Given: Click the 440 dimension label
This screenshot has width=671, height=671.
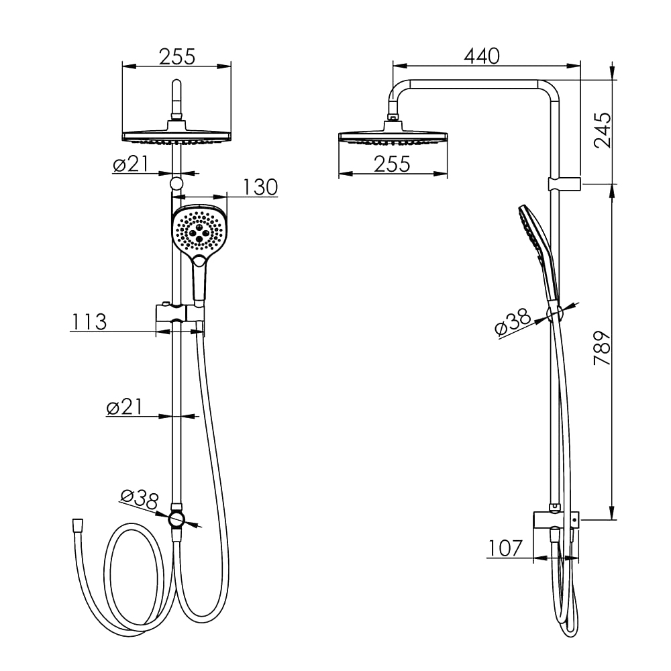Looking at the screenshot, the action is coord(482,56).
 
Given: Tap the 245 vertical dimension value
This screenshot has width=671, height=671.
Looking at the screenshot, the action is coord(603,130).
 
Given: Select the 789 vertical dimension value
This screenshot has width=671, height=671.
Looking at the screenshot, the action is coord(603,348).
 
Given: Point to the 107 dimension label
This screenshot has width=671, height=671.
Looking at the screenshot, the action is coord(505,548).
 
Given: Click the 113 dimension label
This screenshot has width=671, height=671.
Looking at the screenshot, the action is coord(89,322).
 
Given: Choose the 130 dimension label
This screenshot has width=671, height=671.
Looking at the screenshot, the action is coord(260,187).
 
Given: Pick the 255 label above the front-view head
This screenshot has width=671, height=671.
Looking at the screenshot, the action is coord(177,56).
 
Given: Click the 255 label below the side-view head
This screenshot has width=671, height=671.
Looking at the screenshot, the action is coord(392,164).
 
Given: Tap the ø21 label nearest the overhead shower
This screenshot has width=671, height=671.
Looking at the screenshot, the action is coord(131,164).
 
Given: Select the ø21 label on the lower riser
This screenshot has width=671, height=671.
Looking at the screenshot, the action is coord(124,407).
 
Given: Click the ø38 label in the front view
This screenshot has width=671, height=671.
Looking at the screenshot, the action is coord(140,499).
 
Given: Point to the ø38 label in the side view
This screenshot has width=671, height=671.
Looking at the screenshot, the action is coord(512,323).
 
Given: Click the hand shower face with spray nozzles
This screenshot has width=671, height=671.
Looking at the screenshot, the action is coord(199,229).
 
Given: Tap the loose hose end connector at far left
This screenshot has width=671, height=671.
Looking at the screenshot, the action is coord(78,525).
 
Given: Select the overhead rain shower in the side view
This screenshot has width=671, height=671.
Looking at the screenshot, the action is coord(393,134).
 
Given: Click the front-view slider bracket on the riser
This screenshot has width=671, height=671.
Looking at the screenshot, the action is coord(180,313).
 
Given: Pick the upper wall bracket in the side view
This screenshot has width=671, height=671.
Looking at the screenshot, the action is coord(564,184).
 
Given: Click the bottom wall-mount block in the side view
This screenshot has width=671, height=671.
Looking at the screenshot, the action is coord(556,520).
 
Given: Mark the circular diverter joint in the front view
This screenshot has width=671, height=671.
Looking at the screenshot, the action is coord(176,519).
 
